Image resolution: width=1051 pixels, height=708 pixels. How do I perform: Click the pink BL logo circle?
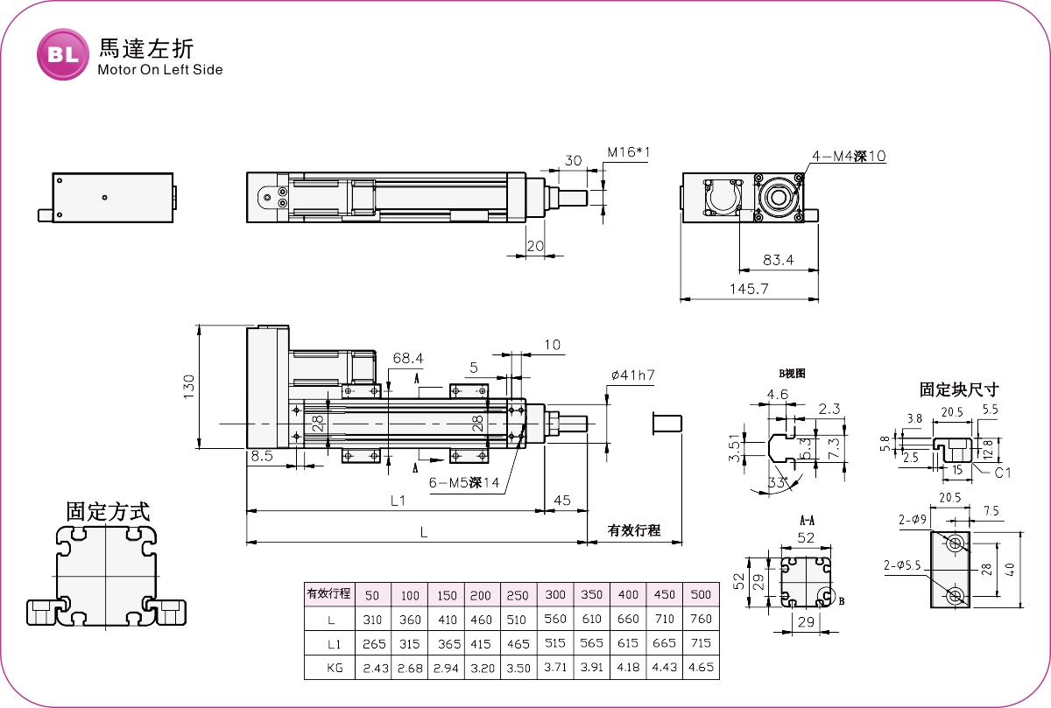[x=62, y=54]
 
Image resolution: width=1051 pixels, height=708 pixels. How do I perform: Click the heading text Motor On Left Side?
[x=160, y=70]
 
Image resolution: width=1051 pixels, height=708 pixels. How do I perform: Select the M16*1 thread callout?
[x=630, y=153]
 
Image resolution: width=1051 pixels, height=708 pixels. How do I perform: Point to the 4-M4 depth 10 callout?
[x=849, y=157]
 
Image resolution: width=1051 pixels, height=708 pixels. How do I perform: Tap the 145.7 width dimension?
[x=749, y=288]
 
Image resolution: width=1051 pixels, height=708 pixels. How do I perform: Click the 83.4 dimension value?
[x=778, y=260]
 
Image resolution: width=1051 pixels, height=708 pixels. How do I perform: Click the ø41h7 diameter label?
[x=633, y=375]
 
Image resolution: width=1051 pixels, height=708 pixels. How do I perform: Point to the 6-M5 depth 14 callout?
[x=464, y=483]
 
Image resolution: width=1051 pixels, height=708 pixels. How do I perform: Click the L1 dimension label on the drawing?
[x=399, y=501]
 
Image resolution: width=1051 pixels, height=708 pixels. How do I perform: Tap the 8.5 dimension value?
[x=262, y=456]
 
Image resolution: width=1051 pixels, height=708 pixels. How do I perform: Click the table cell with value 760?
[x=701, y=620]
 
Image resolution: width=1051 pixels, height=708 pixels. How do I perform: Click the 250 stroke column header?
[x=518, y=595]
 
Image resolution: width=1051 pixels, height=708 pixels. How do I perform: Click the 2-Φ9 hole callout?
[x=913, y=520]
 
